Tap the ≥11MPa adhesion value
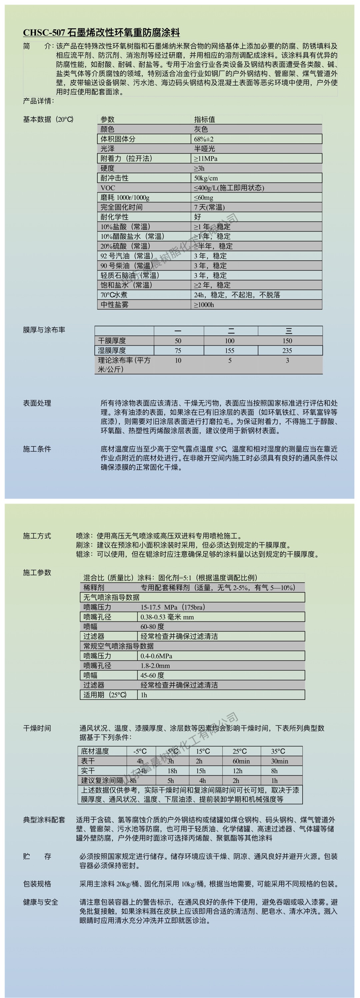205,159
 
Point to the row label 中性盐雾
114,304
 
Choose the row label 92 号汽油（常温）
127,256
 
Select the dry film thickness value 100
229,341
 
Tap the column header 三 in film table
289,331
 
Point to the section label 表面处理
37,403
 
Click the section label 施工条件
37,449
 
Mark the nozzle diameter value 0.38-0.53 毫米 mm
167,617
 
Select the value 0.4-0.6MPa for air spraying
156,656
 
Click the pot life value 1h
144,695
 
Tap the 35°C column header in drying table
278,751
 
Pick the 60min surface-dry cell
241,761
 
